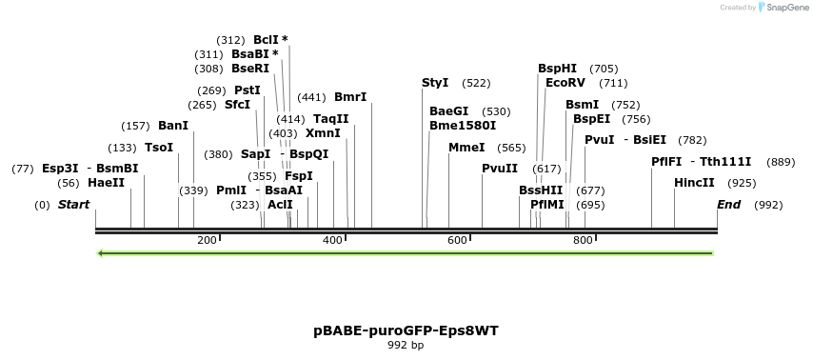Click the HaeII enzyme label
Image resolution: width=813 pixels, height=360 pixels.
coord(106,183)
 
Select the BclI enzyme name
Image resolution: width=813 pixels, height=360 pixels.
coord(266,40)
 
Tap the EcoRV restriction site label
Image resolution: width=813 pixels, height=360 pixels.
coord(565,83)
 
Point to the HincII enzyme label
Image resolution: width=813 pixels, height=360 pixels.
coord(693,183)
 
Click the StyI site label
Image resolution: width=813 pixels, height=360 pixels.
coord(435,83)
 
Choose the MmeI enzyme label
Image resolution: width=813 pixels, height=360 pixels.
coord(466,148)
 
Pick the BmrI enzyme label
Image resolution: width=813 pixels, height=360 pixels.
coord(350,97)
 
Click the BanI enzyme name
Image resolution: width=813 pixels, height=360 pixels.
coord(173,126)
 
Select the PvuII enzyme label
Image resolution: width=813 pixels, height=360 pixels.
coord(500,169)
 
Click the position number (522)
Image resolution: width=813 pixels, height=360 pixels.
coord(476,84)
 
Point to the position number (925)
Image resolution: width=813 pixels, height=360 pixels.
coord(742,183)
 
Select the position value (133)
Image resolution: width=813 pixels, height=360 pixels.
coord(122,148)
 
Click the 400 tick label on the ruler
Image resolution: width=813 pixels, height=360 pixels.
coord(332,240)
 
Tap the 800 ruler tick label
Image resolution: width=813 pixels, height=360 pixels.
coord(583,240)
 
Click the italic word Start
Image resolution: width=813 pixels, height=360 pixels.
coord(73,205)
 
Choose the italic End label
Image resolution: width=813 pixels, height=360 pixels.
coord(728,205)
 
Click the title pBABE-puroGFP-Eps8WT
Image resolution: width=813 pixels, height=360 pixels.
coord(406,331)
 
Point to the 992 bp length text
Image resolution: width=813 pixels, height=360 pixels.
coord(406,345)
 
